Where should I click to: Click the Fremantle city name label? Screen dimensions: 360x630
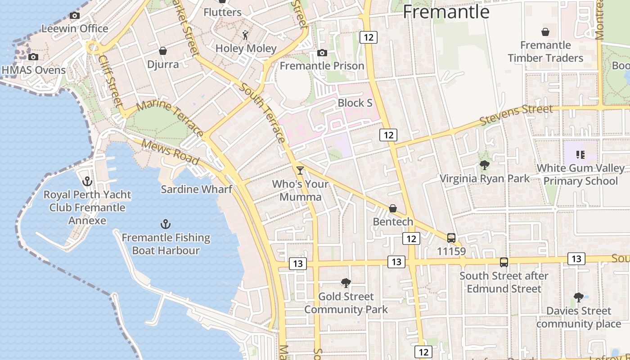[x=446, y=11]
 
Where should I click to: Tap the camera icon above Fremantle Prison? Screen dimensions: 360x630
[x=322, y=53]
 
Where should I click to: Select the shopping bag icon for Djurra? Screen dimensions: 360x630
[x=163, y=51]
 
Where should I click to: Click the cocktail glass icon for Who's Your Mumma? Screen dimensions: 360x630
[x=300, y=171]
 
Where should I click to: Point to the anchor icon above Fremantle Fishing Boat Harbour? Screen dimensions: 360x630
[x=166, y=224]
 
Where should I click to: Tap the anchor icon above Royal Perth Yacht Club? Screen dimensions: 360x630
[x=87, y=181]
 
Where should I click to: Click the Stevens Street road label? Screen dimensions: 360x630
[x=516, y=115]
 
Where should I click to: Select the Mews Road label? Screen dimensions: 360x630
[x=170, y=152]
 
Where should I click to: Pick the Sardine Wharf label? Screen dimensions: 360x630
[x=197, y=189]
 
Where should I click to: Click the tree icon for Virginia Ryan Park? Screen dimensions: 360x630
[x=485, y=165]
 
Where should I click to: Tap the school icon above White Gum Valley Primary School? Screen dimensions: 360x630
[x=580, y=155]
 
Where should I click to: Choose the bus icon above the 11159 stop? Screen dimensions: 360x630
[x=451, y=238]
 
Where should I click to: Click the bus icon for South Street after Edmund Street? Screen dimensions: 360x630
[x=504, y=262]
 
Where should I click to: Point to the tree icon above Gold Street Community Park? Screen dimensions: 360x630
[x=346, y=283]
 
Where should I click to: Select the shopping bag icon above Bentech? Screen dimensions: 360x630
[x=393, y=208]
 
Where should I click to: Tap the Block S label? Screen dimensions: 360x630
[x=355, y=103]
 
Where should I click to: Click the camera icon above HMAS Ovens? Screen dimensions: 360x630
[x=33, y=57]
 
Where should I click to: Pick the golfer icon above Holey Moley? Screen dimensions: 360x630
[x=245, y=35]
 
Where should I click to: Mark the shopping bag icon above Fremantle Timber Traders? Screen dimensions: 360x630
[x=545, y=32]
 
